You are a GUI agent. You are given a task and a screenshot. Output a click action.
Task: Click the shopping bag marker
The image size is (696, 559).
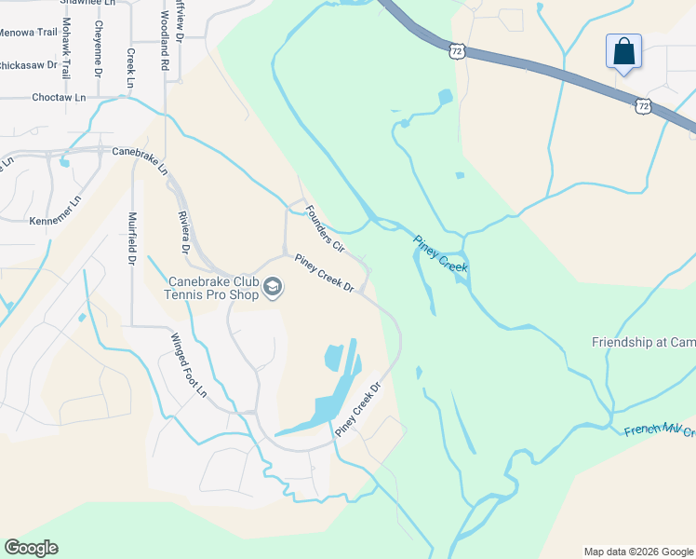pyautogui.click(x=622, y=52)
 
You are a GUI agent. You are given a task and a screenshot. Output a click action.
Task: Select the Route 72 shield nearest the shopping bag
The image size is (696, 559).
pyautogui.click(x=643, y=106)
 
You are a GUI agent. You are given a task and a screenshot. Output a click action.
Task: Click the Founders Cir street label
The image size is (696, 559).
pyautogui.click(x=325, y=228)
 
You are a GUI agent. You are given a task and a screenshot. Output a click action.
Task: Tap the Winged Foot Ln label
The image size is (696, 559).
pyautogui.click(x=189, y=364)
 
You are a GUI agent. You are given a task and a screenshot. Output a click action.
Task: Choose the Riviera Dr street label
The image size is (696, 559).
pyautogui.click(x=183, y=233)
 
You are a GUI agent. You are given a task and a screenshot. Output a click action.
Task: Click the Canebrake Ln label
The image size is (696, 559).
pyautogui.click(x=140, y=160)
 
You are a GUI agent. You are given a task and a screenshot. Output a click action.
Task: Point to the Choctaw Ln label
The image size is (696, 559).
pyautogui.click(x=58, y=97)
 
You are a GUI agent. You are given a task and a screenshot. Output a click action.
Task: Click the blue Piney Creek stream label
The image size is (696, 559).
pyautogui.click(x=441, y=252)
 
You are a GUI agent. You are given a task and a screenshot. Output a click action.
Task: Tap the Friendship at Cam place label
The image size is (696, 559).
pyautogui.click(x=643, y=342)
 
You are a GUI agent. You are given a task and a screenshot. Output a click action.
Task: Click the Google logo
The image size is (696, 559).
pyautogui.click(x=31, y=548)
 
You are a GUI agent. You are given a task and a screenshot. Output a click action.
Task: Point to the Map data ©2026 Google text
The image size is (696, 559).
pyautogui.click(x=638, y=552)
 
